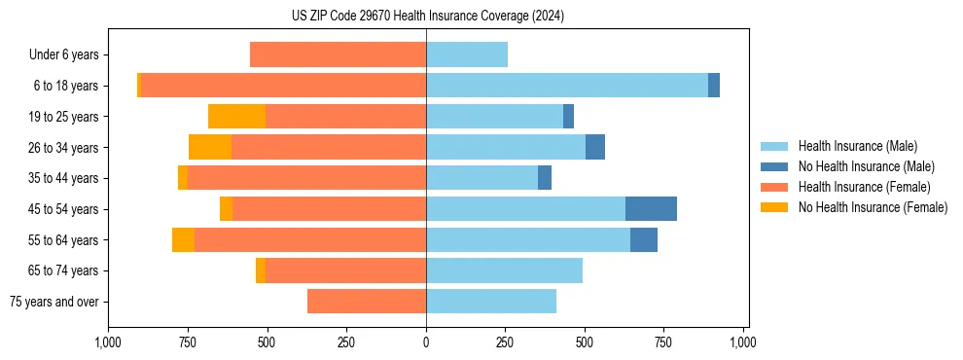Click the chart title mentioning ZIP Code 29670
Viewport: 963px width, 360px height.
(427, 17)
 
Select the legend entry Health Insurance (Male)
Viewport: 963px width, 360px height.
(857, 146)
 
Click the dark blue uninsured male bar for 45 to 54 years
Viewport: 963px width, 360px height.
(651, 209)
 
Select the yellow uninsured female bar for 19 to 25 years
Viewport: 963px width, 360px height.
(236, 117)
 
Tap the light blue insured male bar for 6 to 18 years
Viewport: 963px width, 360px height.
(567, 86)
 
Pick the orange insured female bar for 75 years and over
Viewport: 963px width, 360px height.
(367, 302)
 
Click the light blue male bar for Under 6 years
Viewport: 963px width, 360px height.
(467, 55)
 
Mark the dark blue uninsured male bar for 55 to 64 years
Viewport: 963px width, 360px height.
(644, 240)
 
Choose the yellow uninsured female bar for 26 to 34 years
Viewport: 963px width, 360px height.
(210, 148)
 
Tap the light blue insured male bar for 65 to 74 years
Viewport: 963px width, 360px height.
(504, 270)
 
